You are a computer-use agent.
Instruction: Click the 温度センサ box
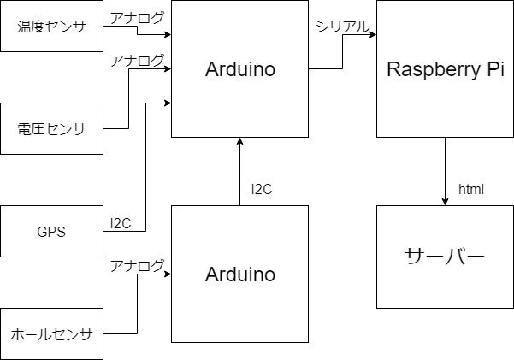pyautogui.click(x=51, y=26)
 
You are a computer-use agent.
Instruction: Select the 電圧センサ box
pyautogui.click(x=51, y=128)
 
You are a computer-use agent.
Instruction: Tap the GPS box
pyautogui.click(x=51, y=231)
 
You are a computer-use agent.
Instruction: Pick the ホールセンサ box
pyautogui.click(x=51, y=333)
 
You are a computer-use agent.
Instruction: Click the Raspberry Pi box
pyautogui.click(x=445, y=69)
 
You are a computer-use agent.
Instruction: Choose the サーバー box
pyautogui.click(x=445, y=257)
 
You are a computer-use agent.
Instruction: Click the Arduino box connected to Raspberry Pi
pyautogui.click(x=240, y=69)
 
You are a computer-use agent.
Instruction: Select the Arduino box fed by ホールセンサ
pyautogui.click(x=240, y=274)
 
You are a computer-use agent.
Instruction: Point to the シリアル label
pyautogui.click(x=342, y=27)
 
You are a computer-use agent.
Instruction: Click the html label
pyautogui.click(x=471, y=189)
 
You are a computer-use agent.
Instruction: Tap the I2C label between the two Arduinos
pyautogui.click(x=262, y=189)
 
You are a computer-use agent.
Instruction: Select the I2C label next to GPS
pyautogui.click(x=121, y=223)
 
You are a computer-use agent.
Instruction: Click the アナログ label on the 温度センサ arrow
pyautogui.click(x=137, y=17)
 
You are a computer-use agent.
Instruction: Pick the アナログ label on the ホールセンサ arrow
pyautogui.click(x=137, y=265)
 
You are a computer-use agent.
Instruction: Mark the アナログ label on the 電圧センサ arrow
pyautogui.click(x=137, y=60)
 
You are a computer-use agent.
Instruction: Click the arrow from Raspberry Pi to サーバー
pyautogui.click(x=445, y=171)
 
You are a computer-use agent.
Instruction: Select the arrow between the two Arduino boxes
pyautogui.click(x=240, y=171)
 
